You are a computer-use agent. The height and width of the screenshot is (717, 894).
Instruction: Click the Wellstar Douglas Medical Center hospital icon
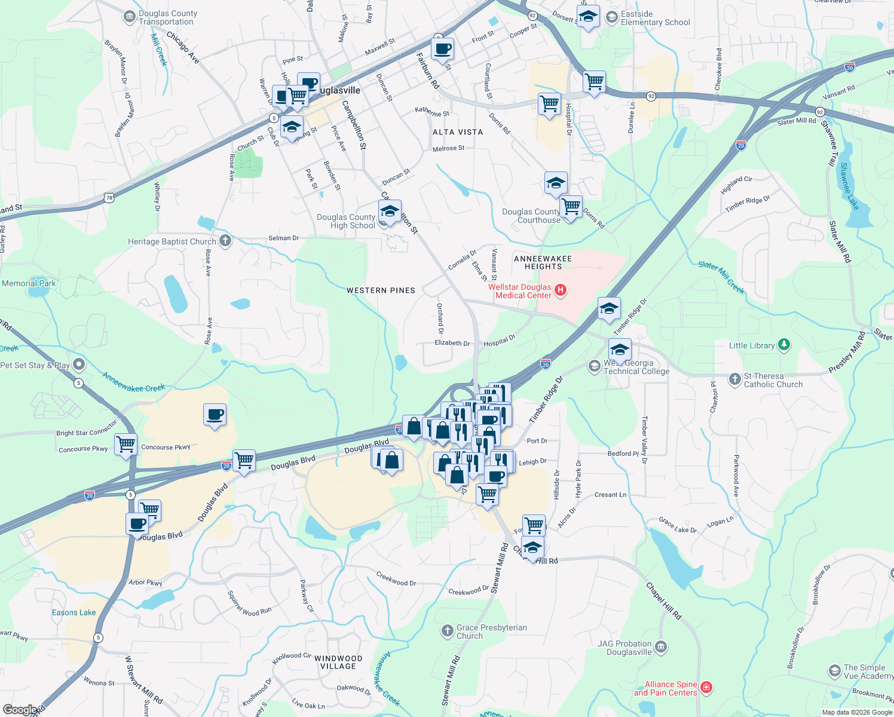point(561,291)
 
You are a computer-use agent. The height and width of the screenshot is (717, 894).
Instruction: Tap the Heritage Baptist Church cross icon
point(225,241)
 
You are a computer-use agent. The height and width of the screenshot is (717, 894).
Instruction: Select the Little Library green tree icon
point(784,345)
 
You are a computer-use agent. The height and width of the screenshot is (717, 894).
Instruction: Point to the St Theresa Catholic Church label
point(773,380)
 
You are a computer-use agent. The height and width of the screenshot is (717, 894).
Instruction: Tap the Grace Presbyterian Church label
point(491,632)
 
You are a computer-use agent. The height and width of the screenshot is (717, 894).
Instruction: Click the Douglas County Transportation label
point(167,18)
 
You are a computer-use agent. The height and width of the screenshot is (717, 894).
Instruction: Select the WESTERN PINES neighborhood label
point(381,290)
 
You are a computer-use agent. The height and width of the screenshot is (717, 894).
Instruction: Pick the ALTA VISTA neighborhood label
point(458,132)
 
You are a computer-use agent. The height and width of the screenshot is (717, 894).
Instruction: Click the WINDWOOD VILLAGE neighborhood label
point(338,662)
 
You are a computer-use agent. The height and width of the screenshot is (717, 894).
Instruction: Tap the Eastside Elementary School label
point(655,18)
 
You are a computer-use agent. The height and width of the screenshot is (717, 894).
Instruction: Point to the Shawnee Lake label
point(849,186)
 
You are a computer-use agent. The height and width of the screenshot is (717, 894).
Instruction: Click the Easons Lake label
point(74,612)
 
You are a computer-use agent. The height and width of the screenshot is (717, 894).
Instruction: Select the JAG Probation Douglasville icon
point(661,647)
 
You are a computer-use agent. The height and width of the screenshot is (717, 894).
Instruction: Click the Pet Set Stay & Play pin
point(79,364)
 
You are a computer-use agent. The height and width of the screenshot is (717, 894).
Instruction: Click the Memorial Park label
point(29,283)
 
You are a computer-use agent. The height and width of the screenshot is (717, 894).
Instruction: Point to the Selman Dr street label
point(283,238)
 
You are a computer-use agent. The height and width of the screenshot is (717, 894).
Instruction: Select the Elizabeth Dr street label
point(452,343)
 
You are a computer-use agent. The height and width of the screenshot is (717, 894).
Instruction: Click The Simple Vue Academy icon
point(835,671)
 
